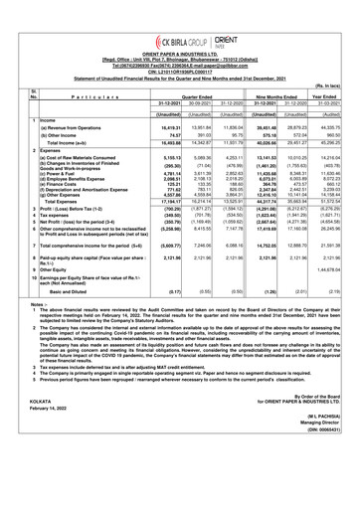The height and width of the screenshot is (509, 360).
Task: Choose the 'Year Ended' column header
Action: coord(317,96)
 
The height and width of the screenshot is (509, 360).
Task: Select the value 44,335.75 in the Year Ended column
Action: coord(317,142)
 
